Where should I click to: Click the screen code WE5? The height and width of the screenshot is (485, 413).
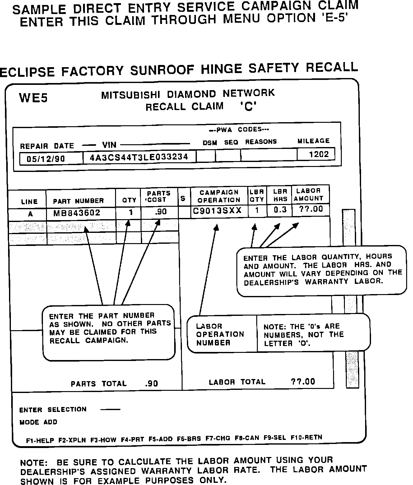point(33,98)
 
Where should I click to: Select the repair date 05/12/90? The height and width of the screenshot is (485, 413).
point(46,159)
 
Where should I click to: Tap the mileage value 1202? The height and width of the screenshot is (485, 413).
point(319,155)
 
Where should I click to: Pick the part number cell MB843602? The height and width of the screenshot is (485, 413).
point(77,213)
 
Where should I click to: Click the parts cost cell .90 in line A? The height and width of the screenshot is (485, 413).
point(160,212)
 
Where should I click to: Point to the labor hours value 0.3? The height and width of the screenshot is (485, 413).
point(280,210)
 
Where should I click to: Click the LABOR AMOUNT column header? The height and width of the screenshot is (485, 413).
point(308,195)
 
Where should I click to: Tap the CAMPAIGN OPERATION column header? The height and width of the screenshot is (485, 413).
point(219,196)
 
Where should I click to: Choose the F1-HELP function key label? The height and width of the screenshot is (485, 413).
point(40,440)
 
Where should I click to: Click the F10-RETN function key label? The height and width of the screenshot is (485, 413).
point(306,437)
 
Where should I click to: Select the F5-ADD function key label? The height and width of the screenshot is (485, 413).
point(160,439)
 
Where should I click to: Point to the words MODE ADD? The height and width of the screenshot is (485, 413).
point(38,422)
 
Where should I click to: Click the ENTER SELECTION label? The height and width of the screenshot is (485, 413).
point(53,409)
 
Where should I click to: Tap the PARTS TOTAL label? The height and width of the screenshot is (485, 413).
point(99,384)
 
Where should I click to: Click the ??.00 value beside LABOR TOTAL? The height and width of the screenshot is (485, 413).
point(303,381)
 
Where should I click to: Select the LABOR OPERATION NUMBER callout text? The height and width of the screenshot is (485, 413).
point(220,335)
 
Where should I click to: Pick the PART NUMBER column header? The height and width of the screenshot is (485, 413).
point(78,201)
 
